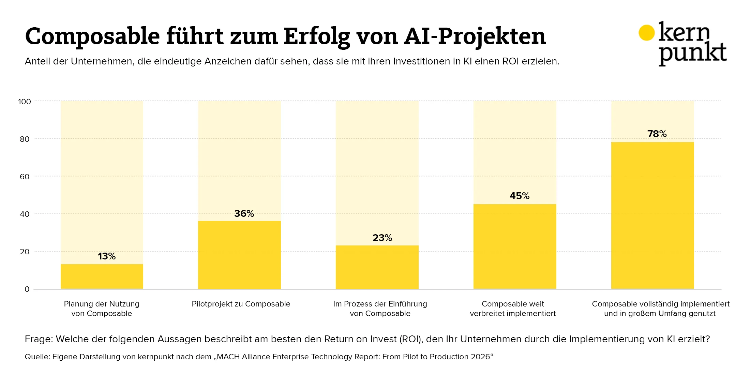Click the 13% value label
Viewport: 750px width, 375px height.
click(x=107, y=256)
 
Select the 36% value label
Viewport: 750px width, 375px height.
click(x=244, y=214)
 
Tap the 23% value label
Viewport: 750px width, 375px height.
click(x=382, y=238)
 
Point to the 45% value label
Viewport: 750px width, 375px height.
click(x=520, y=196)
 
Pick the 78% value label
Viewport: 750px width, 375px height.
click(x=657, y=134)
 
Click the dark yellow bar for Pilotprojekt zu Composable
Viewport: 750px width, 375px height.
click(x=239, y=255)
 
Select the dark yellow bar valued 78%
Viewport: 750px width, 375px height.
click(x=652, y=215)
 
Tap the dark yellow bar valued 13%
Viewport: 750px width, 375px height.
click(x=102, y=276)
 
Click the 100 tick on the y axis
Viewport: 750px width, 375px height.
click(x=25, y=102)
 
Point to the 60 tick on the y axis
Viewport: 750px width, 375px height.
click(x=25, y=177)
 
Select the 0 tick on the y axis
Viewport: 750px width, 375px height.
click(x=27, y=289)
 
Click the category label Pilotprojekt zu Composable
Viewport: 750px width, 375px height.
click(x=241, y=304)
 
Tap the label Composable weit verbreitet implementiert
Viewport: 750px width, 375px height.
click(x=513, y=309)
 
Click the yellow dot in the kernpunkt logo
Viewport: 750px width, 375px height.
click(x=646, y=33)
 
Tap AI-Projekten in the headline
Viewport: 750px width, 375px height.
click(x=475, y=36)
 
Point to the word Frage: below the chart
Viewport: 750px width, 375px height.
click(x=39, y=339)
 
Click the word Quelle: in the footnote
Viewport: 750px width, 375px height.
click(x=37, y=357)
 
